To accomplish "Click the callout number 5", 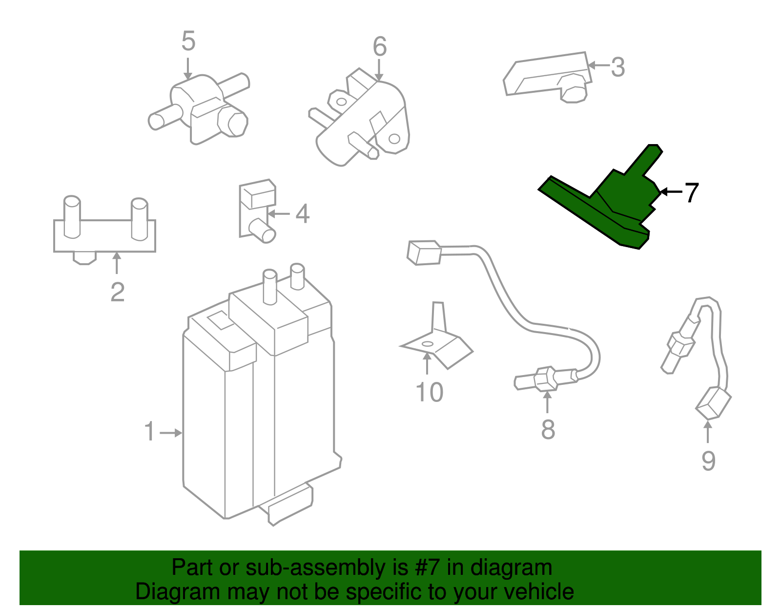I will [x=188, y=41].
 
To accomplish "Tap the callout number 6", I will [x=380, y=47].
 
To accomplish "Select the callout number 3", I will [x=617, y=67].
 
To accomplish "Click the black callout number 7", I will [x=691, y=192].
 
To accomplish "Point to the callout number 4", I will [x=303, y=214].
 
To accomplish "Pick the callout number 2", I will [x=117, y=292].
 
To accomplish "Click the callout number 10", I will [x=429, y=392].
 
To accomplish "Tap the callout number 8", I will [x=548, y=430].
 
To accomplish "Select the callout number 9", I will [x=708, y=461].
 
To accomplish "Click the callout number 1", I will [x=150, y=432].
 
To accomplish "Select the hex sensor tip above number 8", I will [x=545, y=379].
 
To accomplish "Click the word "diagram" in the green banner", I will [x=511, y=568].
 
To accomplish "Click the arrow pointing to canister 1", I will [x=171, y=433].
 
